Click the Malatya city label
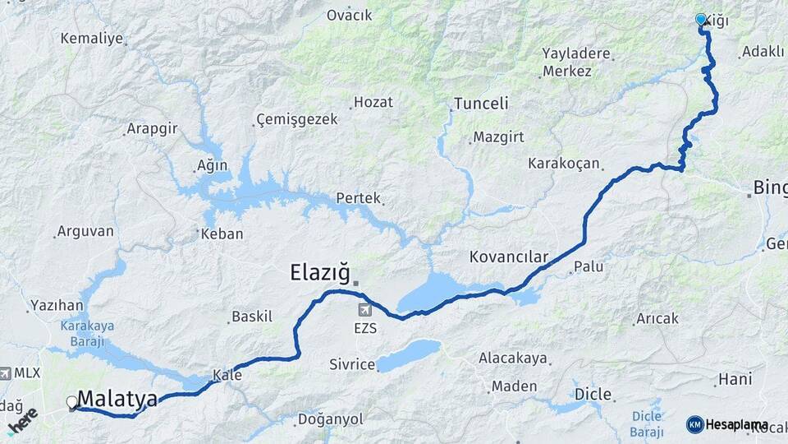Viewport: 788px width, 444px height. tap(118, 400)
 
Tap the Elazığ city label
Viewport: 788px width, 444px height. tap(320, 272)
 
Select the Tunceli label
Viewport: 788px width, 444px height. tap(481, 104)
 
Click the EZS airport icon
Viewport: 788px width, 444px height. tap(364, 310)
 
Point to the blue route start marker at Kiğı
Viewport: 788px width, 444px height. tap(701, 19)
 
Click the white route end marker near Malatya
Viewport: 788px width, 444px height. tap(72, 403)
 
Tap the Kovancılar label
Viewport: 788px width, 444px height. tap(508, 257)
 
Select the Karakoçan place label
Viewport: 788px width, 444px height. tap(565, 164)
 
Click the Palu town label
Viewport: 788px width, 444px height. tap(589, 266)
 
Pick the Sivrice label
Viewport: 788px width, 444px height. tap(351, 364)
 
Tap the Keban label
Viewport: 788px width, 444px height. tap(222, 234)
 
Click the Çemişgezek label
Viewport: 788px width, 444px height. tap(297, 119)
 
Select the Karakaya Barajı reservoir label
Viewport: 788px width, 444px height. tap(88, 331)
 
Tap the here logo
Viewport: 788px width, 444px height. tap(22, 420)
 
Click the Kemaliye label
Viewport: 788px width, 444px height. tap(91, 39)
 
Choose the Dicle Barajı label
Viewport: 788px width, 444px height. tap(646, 424)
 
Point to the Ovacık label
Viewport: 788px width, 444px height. tap(349, 15)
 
